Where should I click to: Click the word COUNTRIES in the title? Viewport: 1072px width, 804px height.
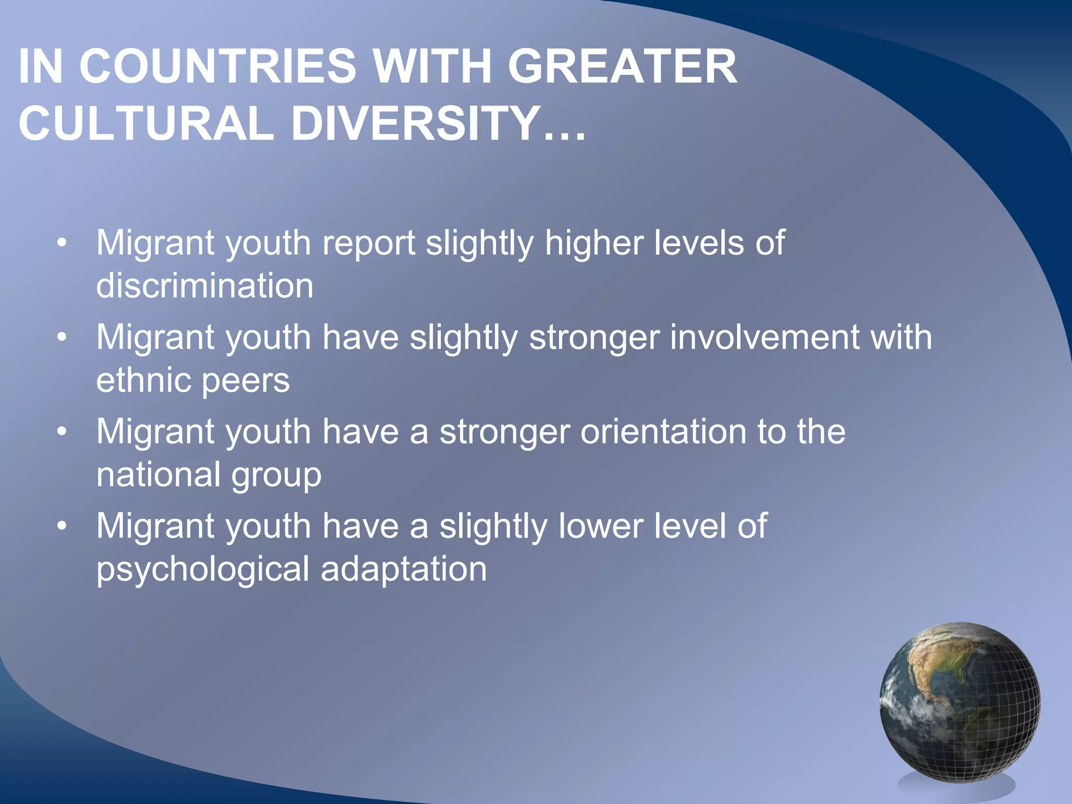coord(217,66)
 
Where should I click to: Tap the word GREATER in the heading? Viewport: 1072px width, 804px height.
coord(622,66)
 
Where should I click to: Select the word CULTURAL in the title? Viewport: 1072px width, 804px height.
coord(146,124)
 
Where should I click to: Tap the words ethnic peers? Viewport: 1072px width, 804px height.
coord(193,380)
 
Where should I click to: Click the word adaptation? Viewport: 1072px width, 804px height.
coord(404,569)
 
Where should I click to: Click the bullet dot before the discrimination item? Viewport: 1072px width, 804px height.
coord(62,244)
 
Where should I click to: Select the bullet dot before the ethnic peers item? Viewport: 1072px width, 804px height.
coord(62,338)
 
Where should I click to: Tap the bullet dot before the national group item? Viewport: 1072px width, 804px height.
coord(62,433)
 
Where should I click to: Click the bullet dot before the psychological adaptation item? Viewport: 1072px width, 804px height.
coord(62,527)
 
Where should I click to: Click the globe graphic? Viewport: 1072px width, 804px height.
coord(960,702)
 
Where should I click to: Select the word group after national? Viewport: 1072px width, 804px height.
coord(276,476)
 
